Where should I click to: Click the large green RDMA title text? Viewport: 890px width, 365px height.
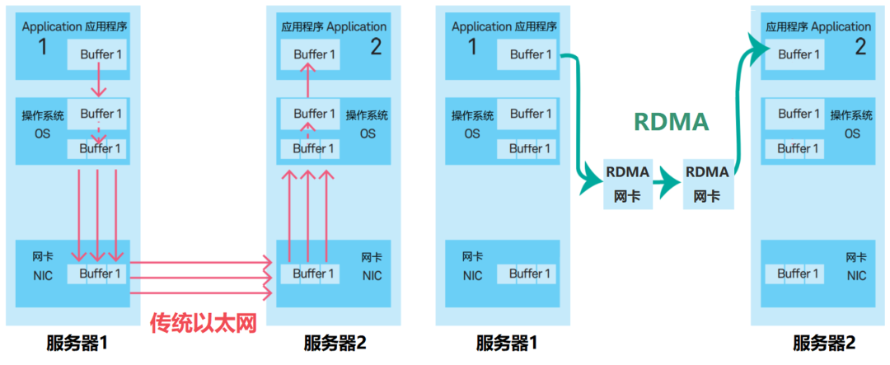click(671, 122)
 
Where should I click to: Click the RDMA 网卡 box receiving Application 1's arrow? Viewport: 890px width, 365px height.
click(627, 182)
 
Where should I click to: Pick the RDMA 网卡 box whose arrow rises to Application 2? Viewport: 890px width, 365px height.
click(706, 182)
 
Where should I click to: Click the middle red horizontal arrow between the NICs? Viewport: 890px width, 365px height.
click(200, 278)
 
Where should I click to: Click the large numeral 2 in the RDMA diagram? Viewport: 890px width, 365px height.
click(860, 47)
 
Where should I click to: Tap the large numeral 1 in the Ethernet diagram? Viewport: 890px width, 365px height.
click(43, 47)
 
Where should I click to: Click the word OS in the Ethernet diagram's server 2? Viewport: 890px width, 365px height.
click(368, 133)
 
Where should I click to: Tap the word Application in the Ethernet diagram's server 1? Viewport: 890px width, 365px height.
click(52, 26)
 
